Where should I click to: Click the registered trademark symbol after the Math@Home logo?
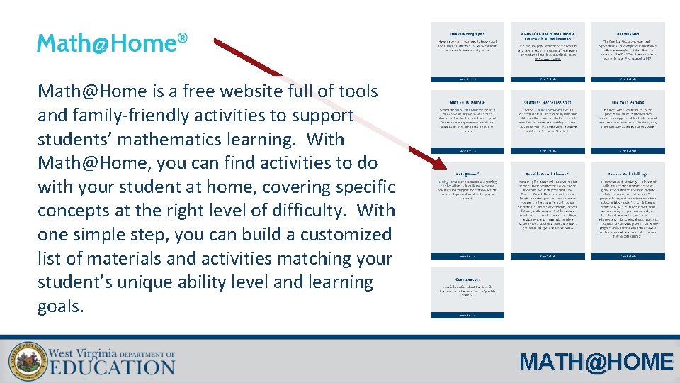click(182, 37)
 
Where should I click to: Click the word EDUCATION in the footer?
click(111, 366)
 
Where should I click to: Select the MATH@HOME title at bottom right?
click(596, 362)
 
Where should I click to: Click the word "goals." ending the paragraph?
click(61, 306)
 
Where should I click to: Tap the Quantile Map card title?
click(628, 33)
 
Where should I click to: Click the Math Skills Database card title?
click(467, 102)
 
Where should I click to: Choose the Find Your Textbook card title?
click(628, 102)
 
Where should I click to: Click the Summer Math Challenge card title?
click(628, 174)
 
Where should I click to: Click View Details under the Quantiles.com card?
click(467, 315)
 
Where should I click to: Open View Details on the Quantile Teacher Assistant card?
click(548, 151)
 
